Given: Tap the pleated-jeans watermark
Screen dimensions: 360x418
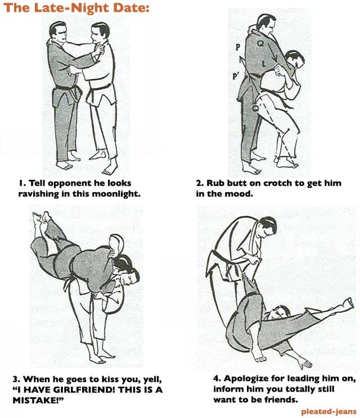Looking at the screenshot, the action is [328, 411].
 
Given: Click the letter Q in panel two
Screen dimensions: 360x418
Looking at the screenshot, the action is [261, 43].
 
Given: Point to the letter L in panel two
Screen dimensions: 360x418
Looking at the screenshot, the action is [264, 63].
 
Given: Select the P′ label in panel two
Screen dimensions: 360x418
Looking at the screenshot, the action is [235, 76].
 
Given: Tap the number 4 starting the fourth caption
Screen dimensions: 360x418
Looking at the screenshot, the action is [217, 378].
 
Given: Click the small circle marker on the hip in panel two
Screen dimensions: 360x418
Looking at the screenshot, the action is [255, 108].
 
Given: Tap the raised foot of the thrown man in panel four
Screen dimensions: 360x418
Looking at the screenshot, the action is [349, 303].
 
